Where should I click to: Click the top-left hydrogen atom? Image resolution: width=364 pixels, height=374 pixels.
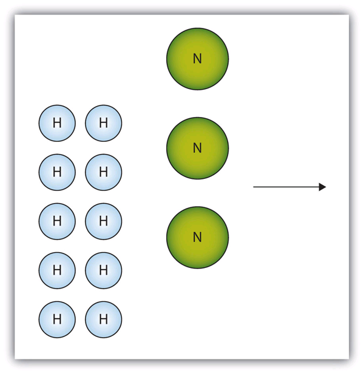point(57,123)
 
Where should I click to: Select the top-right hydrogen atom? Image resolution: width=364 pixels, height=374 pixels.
point(103,123)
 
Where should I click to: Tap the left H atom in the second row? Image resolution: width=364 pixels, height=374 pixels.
point(57,172)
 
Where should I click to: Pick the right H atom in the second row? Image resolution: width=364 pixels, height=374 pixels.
point(103,172)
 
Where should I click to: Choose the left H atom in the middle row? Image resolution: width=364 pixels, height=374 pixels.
point(57,221)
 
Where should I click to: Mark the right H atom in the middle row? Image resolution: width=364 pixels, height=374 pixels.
point(103,221)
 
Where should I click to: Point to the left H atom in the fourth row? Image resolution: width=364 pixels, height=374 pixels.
point(57,270)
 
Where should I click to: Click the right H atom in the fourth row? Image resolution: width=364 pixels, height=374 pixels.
point(103,270)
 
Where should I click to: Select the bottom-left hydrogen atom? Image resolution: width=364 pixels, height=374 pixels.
point(57,319)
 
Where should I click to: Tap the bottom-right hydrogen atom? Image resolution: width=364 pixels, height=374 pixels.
point(103,319)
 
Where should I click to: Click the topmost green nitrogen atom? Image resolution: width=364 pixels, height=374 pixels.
point(197,59)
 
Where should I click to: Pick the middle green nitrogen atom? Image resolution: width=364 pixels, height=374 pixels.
point(197,148)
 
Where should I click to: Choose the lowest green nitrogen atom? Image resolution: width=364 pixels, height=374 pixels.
point(197,238)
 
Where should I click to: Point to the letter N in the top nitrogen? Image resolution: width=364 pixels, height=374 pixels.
point(197,59)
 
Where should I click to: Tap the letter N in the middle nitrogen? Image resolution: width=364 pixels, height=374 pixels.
point(197,148)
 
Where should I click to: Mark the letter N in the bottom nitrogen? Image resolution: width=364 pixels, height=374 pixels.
point(197,238)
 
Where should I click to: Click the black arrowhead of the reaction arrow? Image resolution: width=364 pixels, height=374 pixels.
point(323,187)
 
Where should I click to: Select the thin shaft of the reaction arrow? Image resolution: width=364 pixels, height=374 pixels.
point(286,187)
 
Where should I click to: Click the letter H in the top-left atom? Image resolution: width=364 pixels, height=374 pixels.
point(57,123)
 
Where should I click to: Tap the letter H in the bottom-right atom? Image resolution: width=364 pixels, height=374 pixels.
point(103,319)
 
